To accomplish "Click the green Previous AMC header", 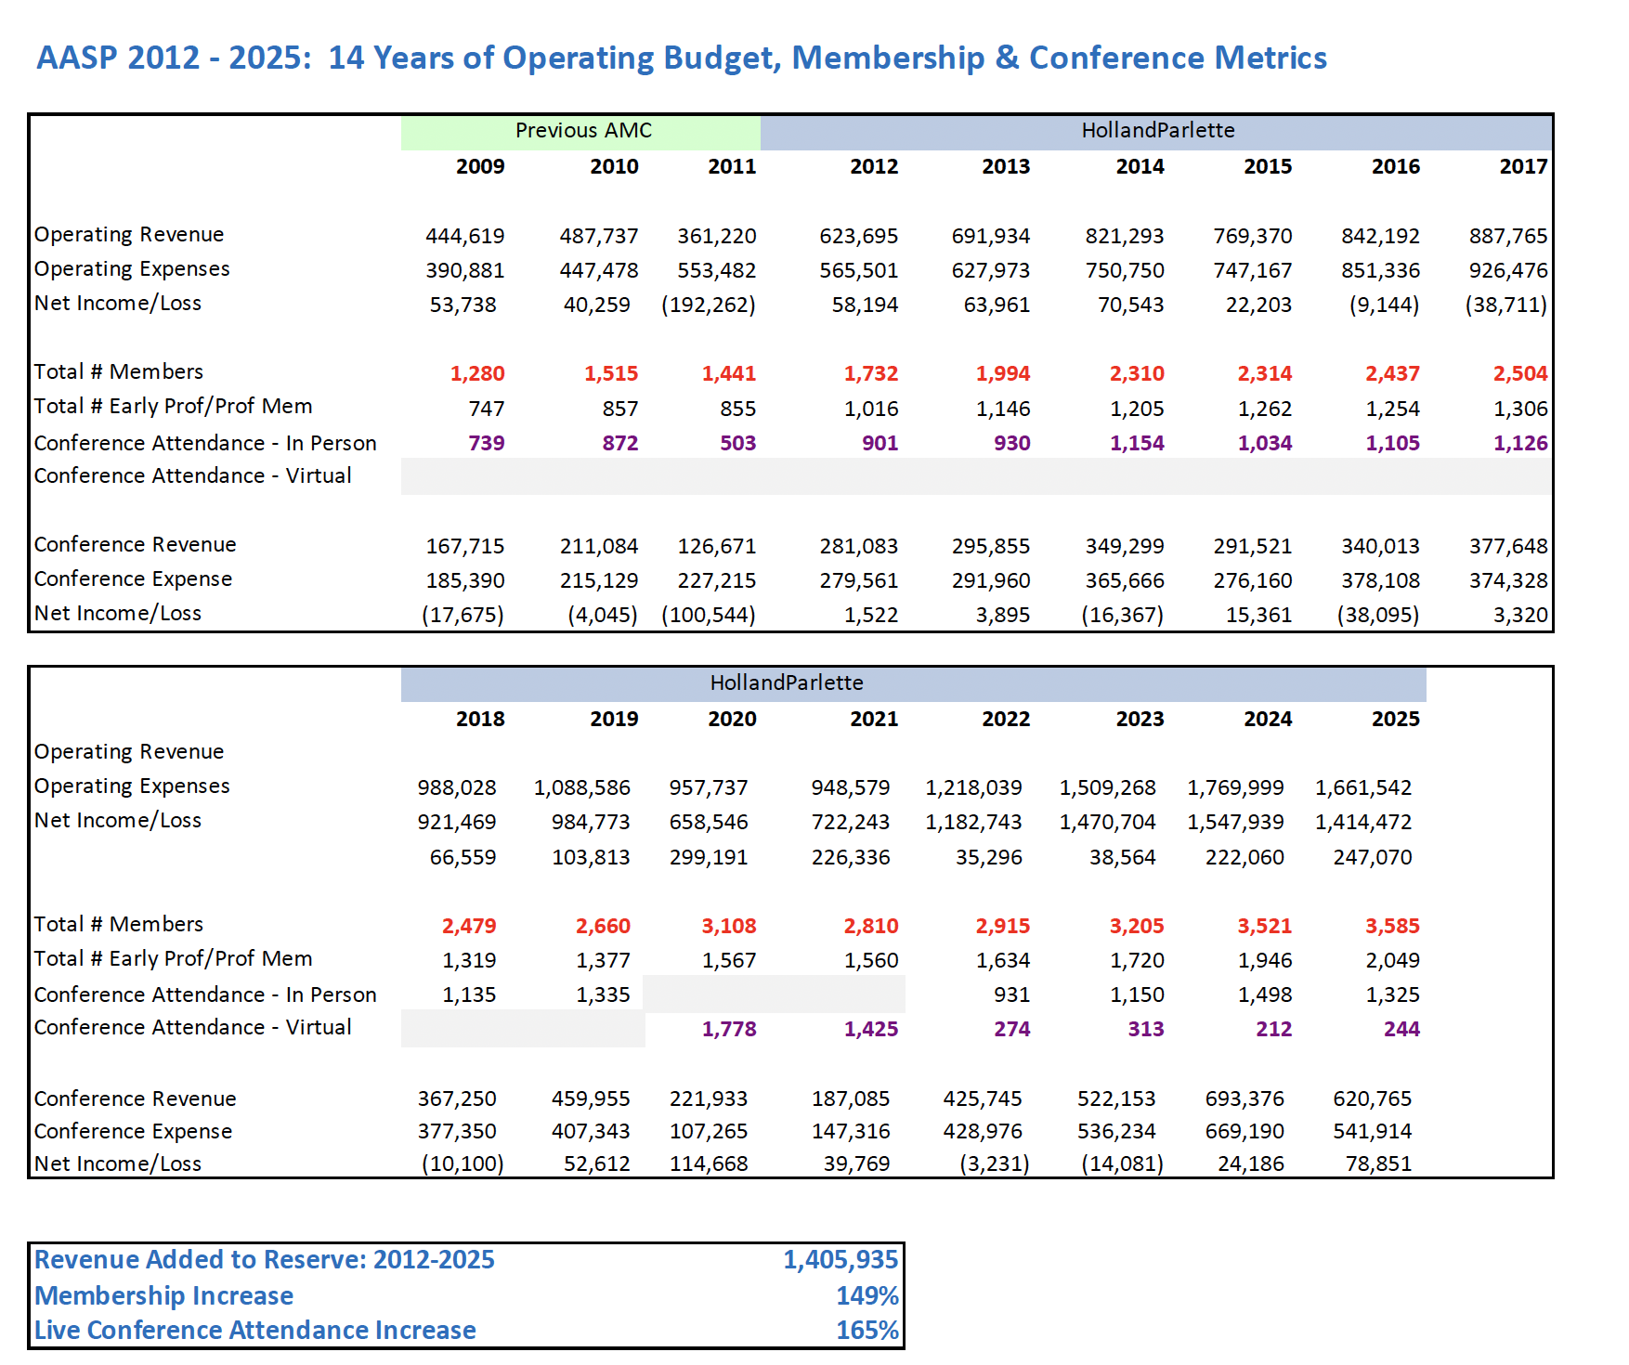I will pyautogui.click(x=582, y=131).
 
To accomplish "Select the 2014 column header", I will pyautogui.click(x=1140, y=166).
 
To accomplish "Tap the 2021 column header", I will pyautogui.click(x=873, y=719).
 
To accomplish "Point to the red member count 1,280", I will pyautogui.click(x=477, y=373).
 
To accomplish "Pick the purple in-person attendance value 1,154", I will pyautogui.click(x=1137, y=443).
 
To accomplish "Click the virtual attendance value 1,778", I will pyautogui.click(x=729, y=1029).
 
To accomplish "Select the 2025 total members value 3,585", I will pyautogui.click(x=1392, y=926).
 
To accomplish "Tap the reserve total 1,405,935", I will pyautogui.click(x=840, y=1259).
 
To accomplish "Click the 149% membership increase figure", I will pyautogui.click(x=867, y=1295).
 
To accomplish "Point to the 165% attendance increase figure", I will pyautogui.click(x=867, y=1330).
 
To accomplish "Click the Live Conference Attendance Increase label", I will pyautogui.click(x=254, y=1330).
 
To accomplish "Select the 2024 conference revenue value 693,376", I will pyautogui.click(x=1245, y=1098).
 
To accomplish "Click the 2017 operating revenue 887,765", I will pyautogui.click(x=1508, y=236).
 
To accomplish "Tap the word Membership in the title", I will pyautogui.click(x=888, y=58).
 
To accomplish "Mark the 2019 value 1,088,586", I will pyautogui.click(x=581, y=787).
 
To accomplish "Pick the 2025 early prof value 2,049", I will pyautogui.click(x=1392, y=960).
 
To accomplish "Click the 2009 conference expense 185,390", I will pyautogui.click(x=464, y=580).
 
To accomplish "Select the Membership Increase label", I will pyautogui.click(x=163, y=1295).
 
